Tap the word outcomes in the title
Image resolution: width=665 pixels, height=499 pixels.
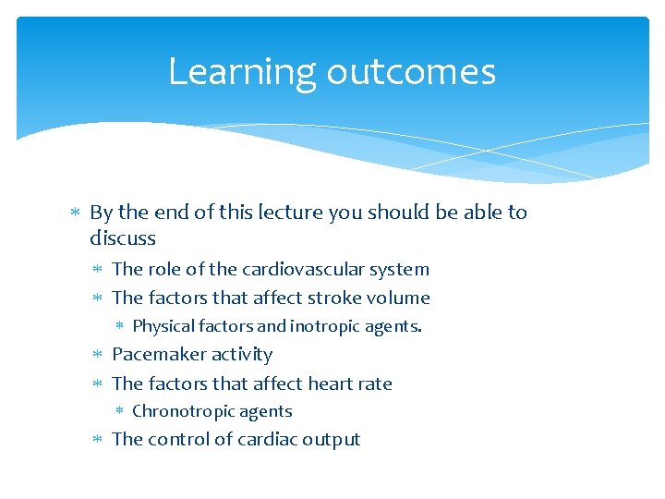405,72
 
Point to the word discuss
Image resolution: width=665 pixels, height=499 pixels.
123,238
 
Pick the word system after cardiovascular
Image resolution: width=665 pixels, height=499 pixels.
398,270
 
